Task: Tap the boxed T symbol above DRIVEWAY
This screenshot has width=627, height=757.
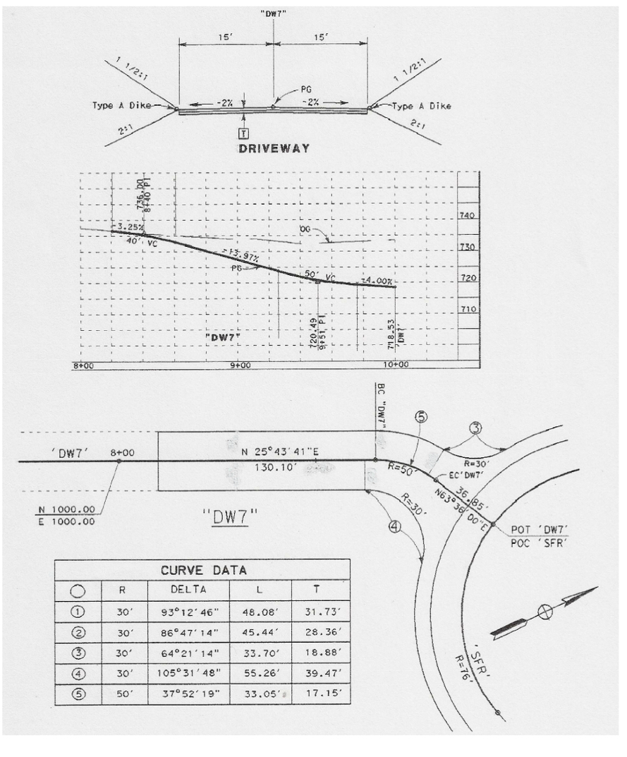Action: [242, 133]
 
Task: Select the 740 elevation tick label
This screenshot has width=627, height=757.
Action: [469, 216]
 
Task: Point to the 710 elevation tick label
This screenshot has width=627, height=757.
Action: [469, 309]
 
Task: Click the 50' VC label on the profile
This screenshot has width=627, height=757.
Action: [319, 274]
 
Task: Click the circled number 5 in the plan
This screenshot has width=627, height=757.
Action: [422, 417]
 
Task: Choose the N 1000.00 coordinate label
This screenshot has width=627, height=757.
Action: [68, 507]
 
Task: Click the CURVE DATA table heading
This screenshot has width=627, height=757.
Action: [202, 569]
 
